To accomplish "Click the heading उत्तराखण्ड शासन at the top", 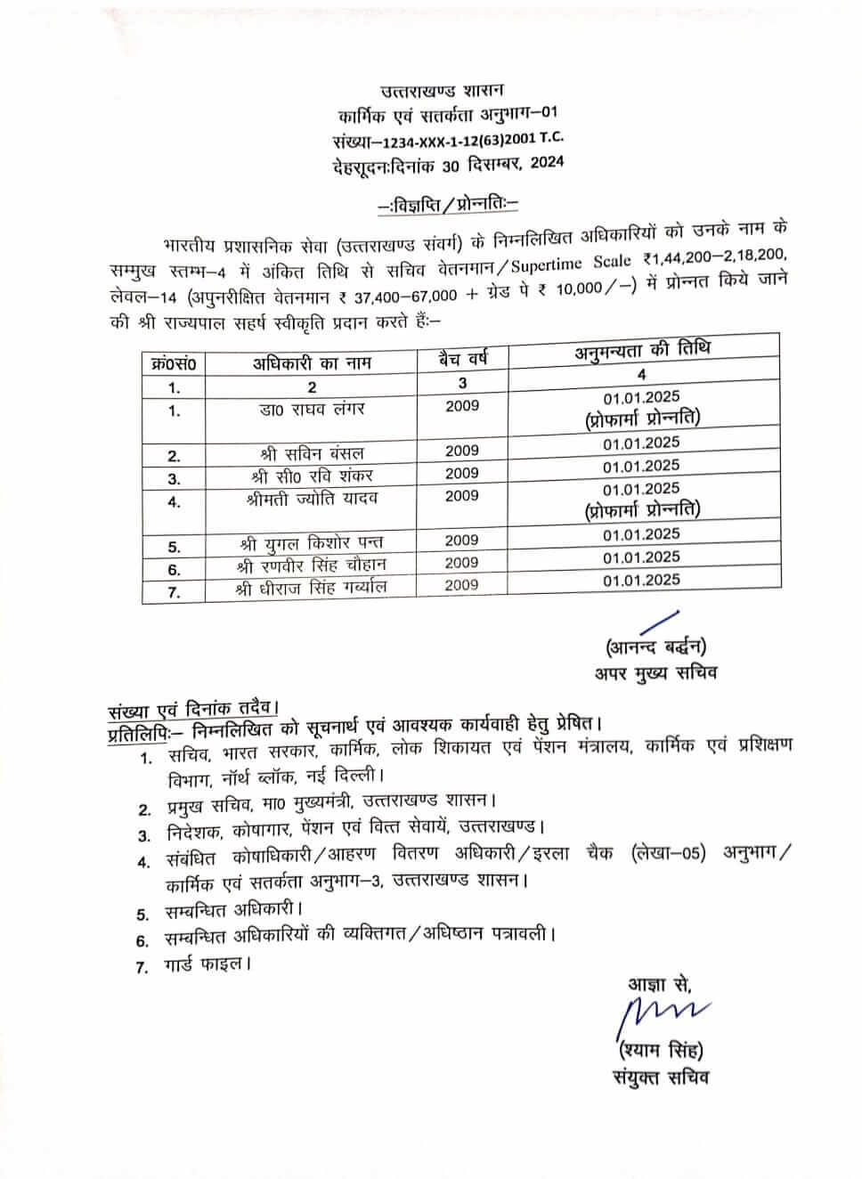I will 442,91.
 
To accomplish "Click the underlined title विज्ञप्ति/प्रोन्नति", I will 448,205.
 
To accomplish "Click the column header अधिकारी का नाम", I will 311,363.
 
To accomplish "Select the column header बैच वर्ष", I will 462,360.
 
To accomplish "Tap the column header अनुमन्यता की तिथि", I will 642,350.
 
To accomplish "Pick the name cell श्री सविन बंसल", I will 307,454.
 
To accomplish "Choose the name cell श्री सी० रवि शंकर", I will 312,476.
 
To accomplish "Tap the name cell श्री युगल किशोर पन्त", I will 312,542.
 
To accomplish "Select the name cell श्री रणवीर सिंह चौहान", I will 312,565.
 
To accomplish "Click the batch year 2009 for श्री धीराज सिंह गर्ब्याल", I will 461,585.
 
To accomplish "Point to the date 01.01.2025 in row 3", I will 641,466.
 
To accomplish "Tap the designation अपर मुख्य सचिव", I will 656,672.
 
